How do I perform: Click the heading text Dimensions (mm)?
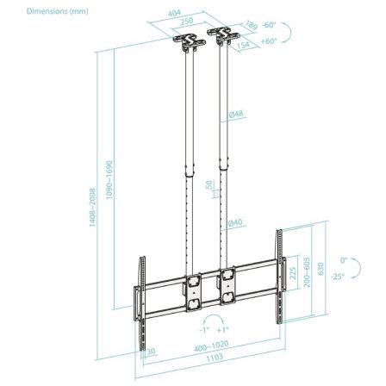click(x=32, y=11)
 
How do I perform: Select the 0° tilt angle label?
click(x=343, y=258)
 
